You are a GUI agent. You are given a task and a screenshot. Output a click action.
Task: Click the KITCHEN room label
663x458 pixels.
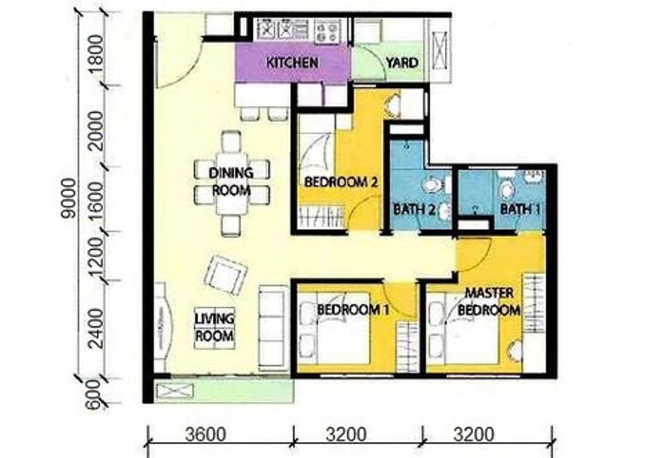[x=292, y=63]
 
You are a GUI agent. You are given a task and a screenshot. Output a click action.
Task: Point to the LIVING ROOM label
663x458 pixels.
[x=214, y=328]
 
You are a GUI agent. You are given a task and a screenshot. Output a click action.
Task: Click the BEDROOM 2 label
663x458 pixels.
[x=341, y=181]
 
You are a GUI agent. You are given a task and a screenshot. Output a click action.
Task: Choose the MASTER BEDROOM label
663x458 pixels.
[x=491, y=302]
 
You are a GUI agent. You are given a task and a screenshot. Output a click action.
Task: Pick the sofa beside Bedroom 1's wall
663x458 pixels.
[x=269, y=317]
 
